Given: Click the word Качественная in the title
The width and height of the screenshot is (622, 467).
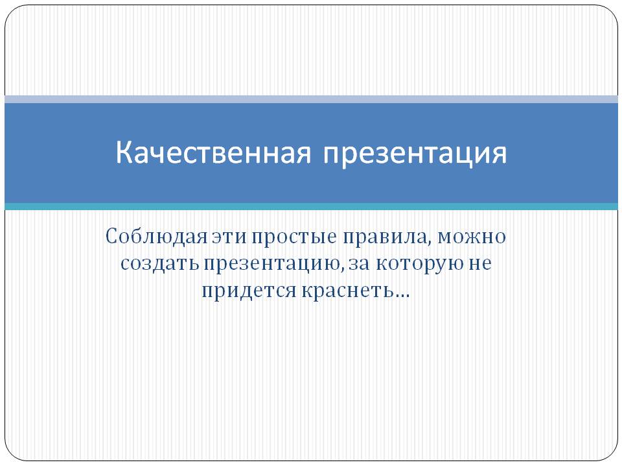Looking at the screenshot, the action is pyautogui.click(x=213, y=152).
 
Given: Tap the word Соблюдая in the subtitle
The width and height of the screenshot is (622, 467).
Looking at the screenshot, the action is pyautogui.click(x=157, y=237).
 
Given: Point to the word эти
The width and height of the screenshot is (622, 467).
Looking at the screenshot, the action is pyautogui.click(x=229, y=237).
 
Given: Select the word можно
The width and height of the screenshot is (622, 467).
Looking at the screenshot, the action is pyautogui.click(x=471, y=237).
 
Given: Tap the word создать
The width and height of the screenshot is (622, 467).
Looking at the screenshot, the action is pyautogui.click(x=159, y=264).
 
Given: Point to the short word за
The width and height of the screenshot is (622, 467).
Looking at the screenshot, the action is pyautogui.click(x=359, y=264).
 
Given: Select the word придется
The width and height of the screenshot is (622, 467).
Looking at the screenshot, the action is pyautogui.click(x=249, y=291).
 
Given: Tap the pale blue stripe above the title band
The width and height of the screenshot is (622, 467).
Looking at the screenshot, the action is pyautogui.click(x=311, y=99).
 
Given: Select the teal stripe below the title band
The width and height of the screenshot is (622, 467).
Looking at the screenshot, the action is pyautogui.click(x=311, y=206).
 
